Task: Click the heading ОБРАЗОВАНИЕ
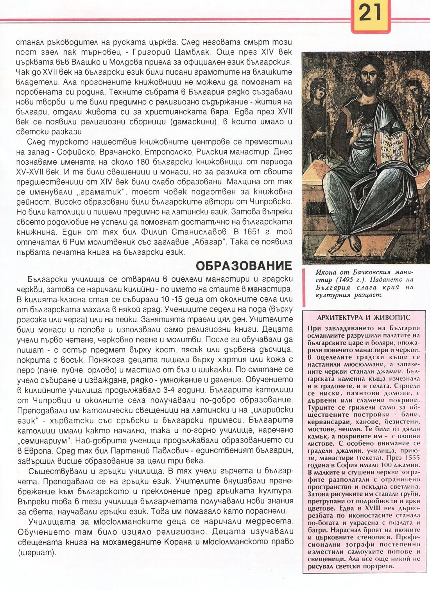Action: coord(244,266)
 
